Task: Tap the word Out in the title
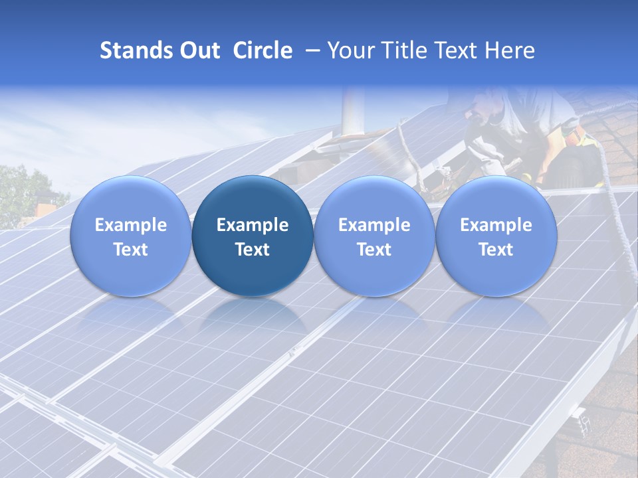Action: (200, 50)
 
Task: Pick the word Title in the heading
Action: (406, 50)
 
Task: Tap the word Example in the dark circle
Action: (253, 225)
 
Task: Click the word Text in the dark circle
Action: (253, 250)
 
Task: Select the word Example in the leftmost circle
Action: (131, 225)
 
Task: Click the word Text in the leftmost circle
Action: (131, 250)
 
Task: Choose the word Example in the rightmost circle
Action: (496, 225)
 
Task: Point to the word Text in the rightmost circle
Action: (496, 250)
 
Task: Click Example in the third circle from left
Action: (374, 225)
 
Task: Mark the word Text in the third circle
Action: (374, 250)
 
